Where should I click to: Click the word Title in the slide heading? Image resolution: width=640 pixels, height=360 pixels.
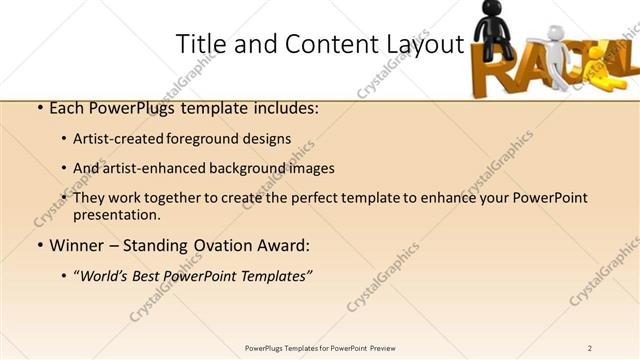196,44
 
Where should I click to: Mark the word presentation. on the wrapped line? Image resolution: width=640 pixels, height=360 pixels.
117,215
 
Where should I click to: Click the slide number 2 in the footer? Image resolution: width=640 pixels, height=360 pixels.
589,348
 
